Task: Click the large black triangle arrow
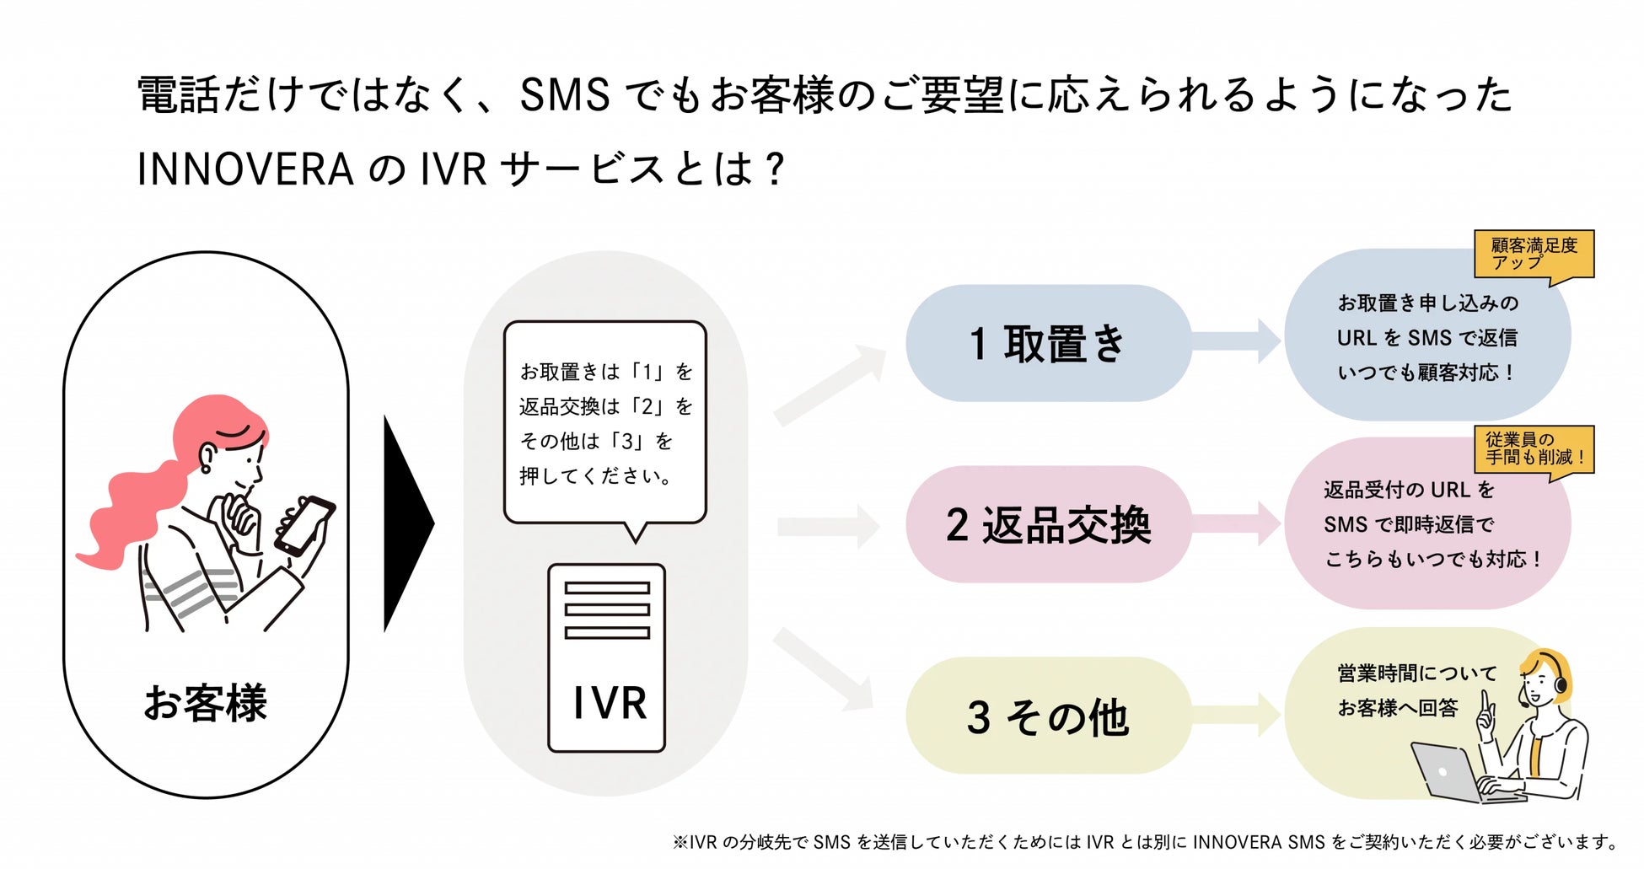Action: pyautogui.click(x=406, y=523)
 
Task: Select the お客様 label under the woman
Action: pyautogui.click(x=206, y=703)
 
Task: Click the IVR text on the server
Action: pyautogui.click(x=609, y=703)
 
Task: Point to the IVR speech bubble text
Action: pyautogui.click(x=604, y=423)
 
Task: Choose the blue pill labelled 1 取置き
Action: pyautogui.click(x=1048, y=343)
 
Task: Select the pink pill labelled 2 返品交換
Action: pyautogui.click(x=1048, y=524)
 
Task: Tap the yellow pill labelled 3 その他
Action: pyautogui.click(x=1048, y=716)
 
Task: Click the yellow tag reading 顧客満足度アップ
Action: pyautogui.click(x=1534, y=254)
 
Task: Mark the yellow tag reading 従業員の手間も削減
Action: pyautogui.click(x=1534, y=448)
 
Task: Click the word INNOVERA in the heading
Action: pyautogui.click(x=244, y=169)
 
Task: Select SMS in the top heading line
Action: pyautogui.click(x=564, y=94)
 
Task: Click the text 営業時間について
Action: pyautogui.click(x=1417, y=673)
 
